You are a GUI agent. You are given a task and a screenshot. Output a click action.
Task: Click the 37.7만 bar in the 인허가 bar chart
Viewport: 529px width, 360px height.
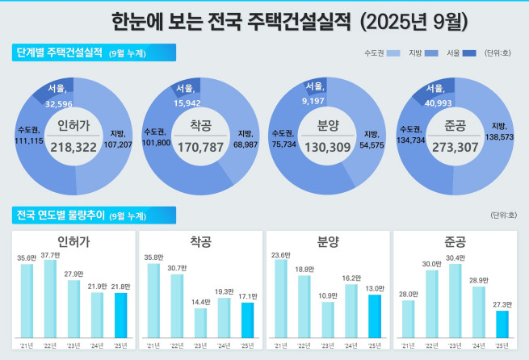(x=50, y=299)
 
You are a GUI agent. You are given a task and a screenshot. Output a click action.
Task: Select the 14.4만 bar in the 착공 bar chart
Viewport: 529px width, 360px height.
(x=200, y=322)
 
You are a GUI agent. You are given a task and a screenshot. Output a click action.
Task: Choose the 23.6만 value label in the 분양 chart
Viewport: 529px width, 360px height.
(x=280, y=254)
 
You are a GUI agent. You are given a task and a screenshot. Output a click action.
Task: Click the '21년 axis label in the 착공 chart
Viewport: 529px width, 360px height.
(x=153, y=345)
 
